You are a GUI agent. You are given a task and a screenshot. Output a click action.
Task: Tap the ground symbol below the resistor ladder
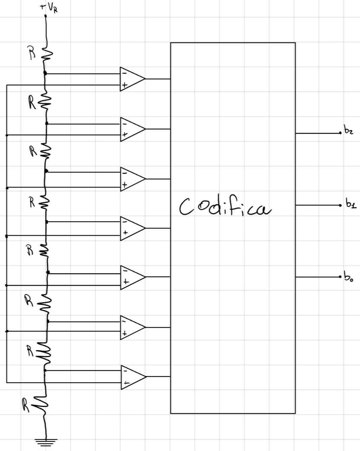46,442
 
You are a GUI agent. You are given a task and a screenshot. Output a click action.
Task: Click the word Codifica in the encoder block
225,206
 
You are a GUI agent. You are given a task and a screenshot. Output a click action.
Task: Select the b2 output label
348,130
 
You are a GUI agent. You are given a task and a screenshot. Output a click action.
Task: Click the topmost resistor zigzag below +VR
46,52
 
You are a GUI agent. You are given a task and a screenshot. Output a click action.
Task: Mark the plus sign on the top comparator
124,86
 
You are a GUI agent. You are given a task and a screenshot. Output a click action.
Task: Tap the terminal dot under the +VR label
46,15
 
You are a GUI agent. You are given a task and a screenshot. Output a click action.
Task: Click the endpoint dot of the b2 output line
340,133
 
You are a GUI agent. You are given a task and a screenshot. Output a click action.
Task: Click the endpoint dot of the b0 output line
340,277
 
